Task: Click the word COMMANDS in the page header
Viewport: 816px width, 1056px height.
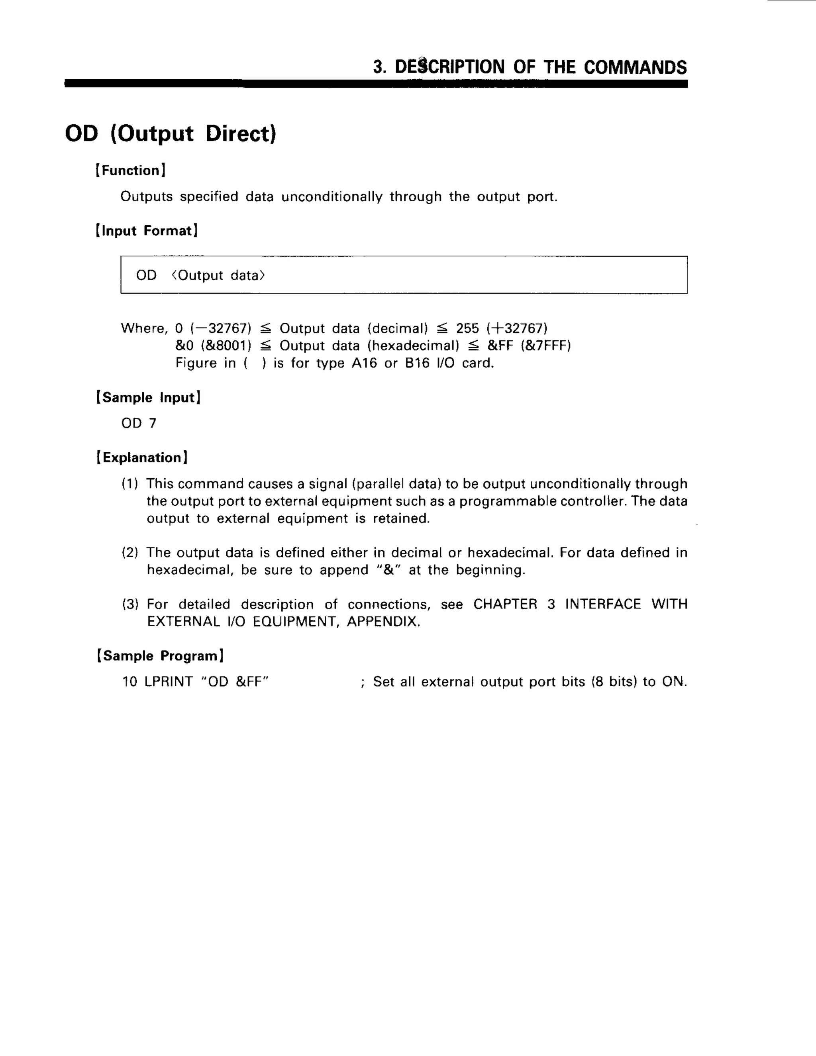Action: tap(635, 67)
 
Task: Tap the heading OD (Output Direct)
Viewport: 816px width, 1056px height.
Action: tap(171, 134)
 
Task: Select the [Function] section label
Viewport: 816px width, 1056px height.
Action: tap(131, 170)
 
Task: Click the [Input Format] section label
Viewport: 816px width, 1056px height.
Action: tap(147, 231)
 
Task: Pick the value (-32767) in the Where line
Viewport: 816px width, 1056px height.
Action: tap(221, 329)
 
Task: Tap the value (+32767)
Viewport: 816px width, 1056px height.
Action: tap(517, 329)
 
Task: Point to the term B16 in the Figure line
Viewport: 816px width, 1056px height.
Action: tap(417, 363)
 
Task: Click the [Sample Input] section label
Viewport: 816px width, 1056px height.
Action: tap(148, 397)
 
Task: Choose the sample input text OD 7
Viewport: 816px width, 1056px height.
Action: tap(139, 424)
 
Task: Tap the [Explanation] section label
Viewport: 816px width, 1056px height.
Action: tap(142, 457)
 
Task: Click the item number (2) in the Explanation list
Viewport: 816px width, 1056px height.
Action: tap(130, 553)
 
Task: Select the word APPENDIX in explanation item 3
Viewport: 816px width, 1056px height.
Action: tap(383, 621)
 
